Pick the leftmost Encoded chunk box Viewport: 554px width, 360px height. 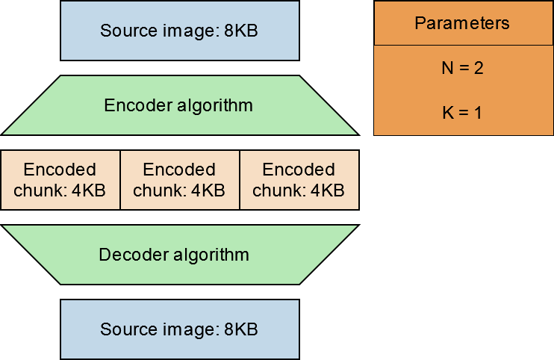click(x=60, y=180)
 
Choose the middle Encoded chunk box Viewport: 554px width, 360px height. click(x=179, y=180)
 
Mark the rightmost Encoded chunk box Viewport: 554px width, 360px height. click(x=299, y=180)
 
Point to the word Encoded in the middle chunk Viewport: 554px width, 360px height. click(x=179, y=170)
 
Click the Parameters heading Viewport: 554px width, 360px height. click(x=462, y=22)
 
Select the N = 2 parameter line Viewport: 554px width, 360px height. click(x=462, y=68)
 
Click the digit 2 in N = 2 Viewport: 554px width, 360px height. click(x=479, y=68)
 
